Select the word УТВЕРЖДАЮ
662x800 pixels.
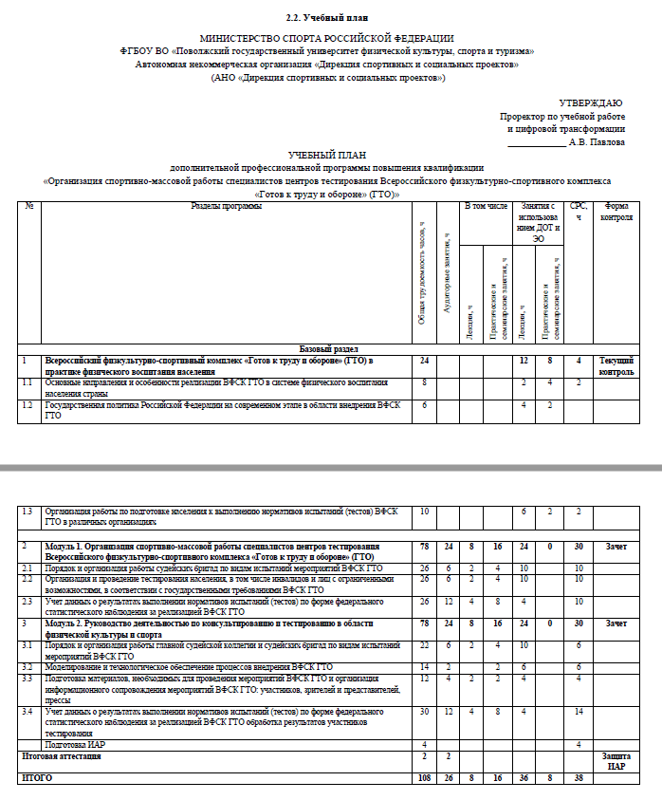(x=592, y=102)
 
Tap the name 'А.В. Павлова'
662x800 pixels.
(x=597, y=141)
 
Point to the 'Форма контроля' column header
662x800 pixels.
(x=616, y=211)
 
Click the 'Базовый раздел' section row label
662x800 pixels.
(x=329, y=349)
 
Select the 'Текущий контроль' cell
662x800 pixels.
(x=616, y=365)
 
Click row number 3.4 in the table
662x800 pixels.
(x=28, y=711)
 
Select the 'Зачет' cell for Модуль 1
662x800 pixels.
(x=616, y=547)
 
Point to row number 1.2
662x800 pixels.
(x=28, y=404)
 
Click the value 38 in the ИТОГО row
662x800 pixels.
(x=579, y=777)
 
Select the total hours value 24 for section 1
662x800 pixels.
(x=423, y=361)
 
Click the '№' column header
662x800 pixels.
(x=29, y=206)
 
